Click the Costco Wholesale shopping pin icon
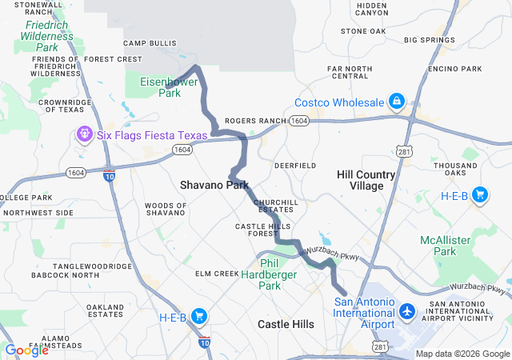tap(396, 102)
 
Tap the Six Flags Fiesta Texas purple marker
tap(85, 135)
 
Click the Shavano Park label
tap(214, 185)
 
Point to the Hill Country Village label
tap(366, 180)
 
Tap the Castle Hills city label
tap(286, 324)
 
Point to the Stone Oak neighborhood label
tap(363, 31)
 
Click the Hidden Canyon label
tap(371, 9)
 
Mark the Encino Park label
tap(454, 69)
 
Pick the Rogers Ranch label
tap(255, 121)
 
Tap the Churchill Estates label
tap(276, 206)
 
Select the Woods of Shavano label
tap(166, 210)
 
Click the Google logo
tap(26, 350)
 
